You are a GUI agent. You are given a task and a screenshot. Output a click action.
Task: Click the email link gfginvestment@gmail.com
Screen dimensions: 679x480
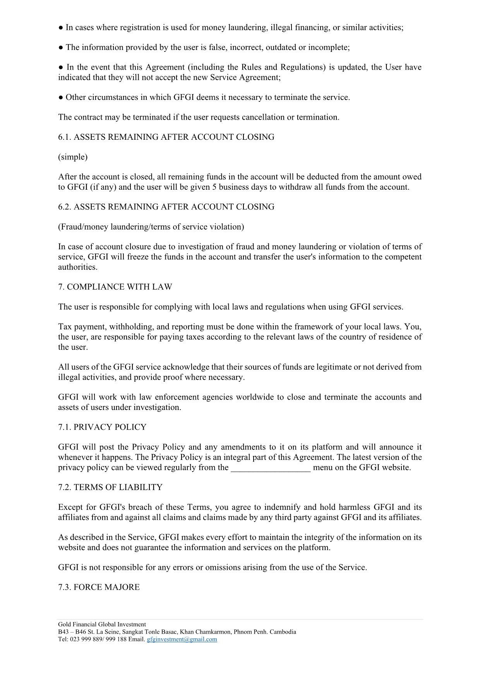tap(182, 639)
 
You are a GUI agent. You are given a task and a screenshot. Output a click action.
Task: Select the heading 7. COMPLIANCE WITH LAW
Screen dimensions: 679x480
tap(115, 287)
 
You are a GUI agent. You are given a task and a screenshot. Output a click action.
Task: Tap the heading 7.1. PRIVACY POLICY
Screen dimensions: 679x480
tap(102, 427)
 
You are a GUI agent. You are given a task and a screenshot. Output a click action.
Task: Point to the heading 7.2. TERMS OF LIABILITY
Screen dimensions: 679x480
tap(110, 487)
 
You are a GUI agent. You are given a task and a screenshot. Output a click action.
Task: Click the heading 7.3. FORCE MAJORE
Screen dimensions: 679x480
tap(99, 587)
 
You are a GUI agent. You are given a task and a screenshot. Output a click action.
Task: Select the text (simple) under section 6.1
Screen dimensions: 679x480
tap(73, 157)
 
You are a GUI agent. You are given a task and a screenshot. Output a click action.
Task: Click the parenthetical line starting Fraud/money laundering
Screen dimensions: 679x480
tap(151, 227)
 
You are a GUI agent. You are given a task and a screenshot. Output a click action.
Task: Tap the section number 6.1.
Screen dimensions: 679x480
tap(65, 137)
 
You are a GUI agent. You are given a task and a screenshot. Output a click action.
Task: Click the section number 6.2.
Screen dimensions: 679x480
tap(65, 207)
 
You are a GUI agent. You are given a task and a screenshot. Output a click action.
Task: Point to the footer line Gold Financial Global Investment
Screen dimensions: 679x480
tap(102, 624)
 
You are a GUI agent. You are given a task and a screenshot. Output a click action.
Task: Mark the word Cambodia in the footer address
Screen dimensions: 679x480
tap(283, 632)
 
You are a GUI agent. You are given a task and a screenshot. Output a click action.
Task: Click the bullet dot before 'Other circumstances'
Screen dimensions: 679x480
tap(61, 98)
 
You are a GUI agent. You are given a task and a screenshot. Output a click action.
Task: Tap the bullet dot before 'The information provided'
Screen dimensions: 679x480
tap(61, 48)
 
